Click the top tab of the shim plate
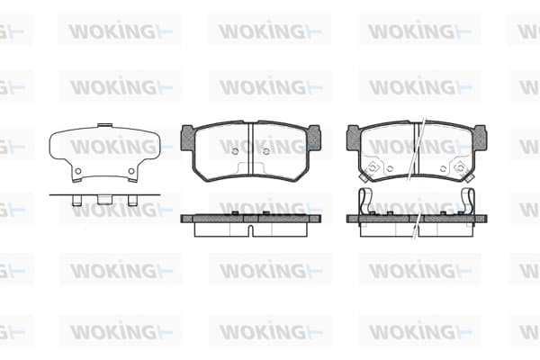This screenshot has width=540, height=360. [104, 125]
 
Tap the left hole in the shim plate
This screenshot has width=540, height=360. [78, 171]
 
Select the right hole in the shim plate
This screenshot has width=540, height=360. [131, 171]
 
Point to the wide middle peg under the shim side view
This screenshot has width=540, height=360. [104, 200]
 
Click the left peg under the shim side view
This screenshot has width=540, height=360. [76, 201]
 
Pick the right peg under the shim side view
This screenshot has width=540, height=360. [132, 201]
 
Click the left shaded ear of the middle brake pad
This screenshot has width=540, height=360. [187, 138]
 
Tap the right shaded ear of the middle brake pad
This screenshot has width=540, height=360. [314, 138]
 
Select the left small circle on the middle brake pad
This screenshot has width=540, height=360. [235, 151]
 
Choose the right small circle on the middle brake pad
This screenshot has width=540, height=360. [265, 151]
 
